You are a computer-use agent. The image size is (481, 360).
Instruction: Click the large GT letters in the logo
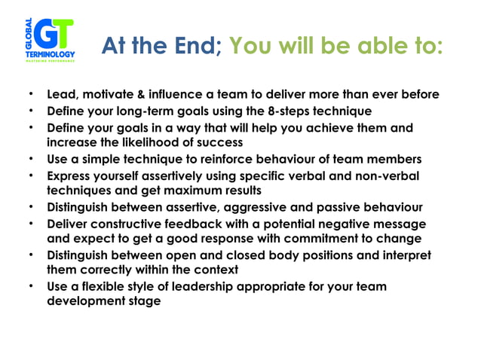56,33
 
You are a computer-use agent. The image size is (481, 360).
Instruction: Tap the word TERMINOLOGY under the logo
51,56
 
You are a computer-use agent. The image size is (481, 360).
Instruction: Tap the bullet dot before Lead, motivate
31,95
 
